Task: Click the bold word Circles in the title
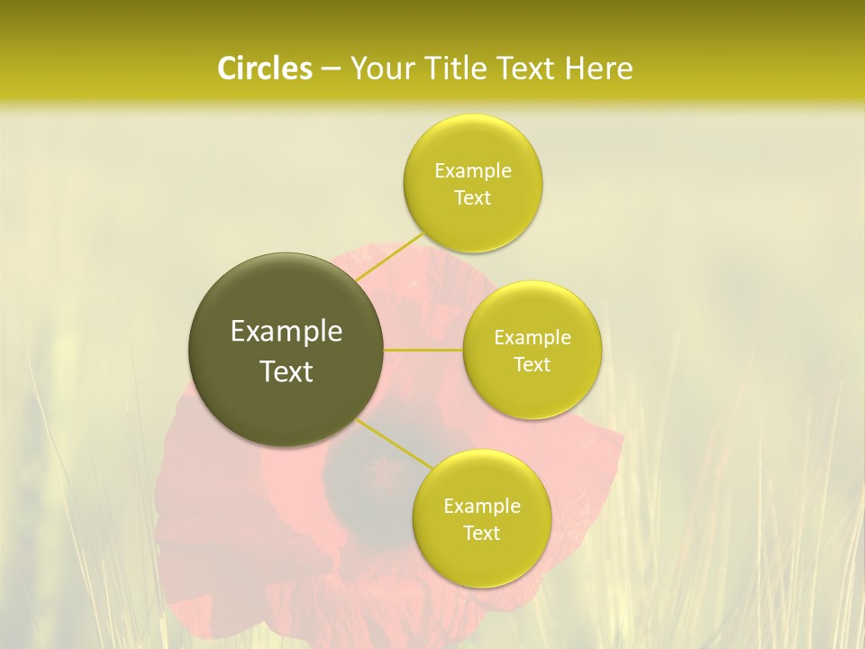pyautogui.click(x=265, y=69)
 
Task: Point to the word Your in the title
pyautogui.click(x=380, y=69)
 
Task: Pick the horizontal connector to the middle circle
pyautogui.click(x=423, y=349)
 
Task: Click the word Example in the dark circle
pyautogui.click(x=287, y=332)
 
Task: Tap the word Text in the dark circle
pyautogui.click(x=287, y=371)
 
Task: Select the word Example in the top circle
pyautogui.click(x=473, y=171)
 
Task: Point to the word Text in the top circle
pyautogui.click(x=472, y=197)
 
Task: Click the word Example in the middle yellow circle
pyautogui.click(x=533, y=338)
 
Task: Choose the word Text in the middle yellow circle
pyautogui.click(x=532, y=364)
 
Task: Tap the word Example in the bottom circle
pyautogui.click(x=482, y=507)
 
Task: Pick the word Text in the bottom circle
pyautogui.click(x=481, y=533)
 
